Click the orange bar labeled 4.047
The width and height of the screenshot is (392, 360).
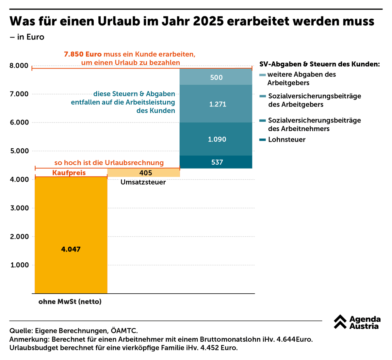pos(71,235)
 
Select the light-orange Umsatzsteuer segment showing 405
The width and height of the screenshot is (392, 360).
pos(144,172)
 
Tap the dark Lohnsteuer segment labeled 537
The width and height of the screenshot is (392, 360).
pos(216,162)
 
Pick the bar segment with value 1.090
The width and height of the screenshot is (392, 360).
pos(216,139)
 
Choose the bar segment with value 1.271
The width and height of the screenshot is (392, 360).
pos(216,104)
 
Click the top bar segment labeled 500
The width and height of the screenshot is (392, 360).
pos(216,77)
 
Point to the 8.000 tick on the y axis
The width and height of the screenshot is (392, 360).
pos(19,66)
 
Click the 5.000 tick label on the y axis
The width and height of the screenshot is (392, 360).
pos(19,151)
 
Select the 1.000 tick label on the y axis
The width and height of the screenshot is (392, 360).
pos(19,265)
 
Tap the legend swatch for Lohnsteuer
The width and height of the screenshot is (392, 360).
pos(262,140)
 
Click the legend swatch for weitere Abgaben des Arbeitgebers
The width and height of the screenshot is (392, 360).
pos(262,75)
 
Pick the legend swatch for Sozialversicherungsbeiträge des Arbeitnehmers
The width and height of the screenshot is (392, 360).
pos(262,121)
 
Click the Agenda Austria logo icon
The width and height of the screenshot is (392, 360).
pos(340,322)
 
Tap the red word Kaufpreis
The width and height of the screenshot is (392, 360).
pos(69,173)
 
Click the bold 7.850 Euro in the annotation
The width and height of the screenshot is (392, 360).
pos(83,54)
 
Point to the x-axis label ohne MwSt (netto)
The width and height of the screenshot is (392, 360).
pos(70,302)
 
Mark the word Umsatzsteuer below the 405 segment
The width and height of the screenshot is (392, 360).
pos(143,182)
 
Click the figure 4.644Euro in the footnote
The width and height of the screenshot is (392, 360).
pos(295,339)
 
